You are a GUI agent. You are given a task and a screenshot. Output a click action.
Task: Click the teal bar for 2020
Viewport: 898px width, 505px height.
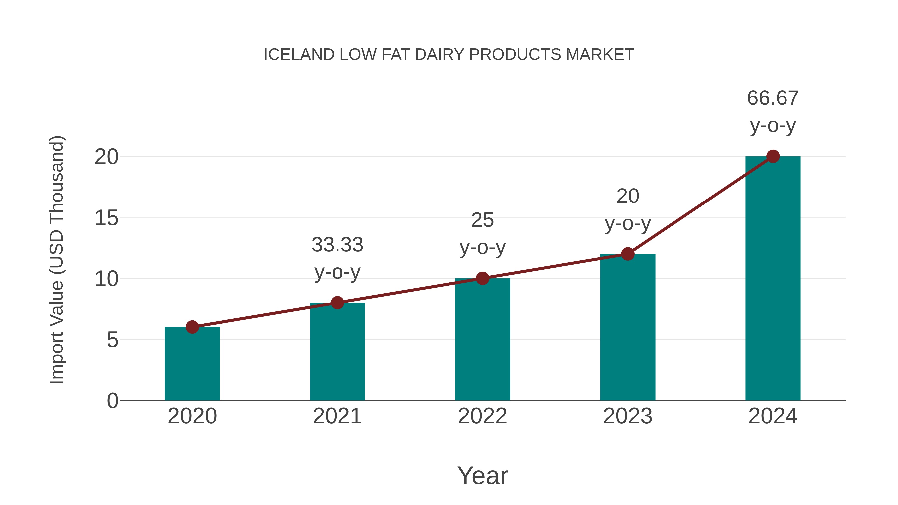click(x=192, y=364)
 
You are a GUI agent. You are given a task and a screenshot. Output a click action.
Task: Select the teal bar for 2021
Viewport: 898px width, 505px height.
click(x=337, y=352)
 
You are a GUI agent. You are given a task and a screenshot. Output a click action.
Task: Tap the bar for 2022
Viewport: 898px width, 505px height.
click(x=482, y=340)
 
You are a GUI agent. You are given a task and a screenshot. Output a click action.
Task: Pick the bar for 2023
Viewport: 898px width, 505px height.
click(x=628, y=328)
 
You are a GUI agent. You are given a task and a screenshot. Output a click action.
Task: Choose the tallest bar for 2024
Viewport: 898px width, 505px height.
click(x=773, y=279)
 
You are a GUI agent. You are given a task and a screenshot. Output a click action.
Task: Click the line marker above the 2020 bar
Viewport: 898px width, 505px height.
click(x=192, y=327)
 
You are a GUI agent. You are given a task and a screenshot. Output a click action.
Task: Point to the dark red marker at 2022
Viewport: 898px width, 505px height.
click(x=482, y=278)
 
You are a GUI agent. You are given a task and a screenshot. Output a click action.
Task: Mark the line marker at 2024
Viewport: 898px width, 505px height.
click(x=773, y=156)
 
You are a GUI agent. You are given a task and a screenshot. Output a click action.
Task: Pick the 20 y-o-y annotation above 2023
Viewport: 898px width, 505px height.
click(x=628, y=209)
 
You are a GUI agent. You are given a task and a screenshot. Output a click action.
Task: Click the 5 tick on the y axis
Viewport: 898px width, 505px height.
click(x=112, y=340)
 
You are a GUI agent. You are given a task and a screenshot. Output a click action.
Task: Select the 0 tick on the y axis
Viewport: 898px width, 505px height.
click(x=112, y=401)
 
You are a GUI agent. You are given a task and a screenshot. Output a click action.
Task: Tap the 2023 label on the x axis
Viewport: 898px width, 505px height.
click(x=628, y=416)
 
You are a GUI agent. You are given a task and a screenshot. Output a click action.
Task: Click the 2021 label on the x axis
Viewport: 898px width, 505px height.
click(x=337, y=416)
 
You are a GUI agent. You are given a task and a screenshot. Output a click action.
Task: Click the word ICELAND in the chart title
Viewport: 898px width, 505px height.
click(x=299, y=55)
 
